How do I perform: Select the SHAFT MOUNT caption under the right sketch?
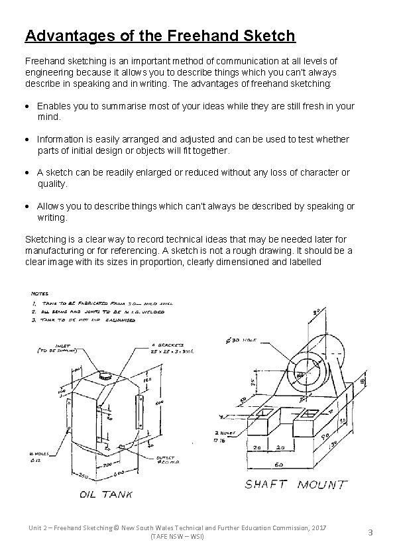pos(295,485)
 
